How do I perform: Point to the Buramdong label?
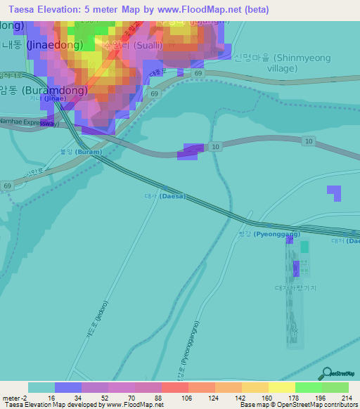click(x=49, y=91)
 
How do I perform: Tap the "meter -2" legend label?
click(x=13, y=398)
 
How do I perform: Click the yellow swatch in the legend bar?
click(x=281, y=387)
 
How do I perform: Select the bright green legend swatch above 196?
click(x=308, y=387)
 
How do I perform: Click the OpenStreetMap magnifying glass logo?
click(x=326, y=373)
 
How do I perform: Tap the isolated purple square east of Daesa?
click(x=334, y=193)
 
